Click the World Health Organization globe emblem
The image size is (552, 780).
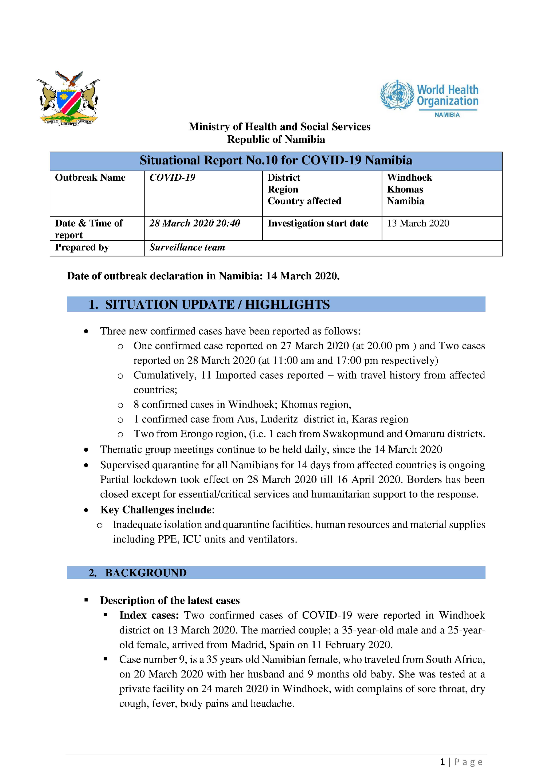[397, 95]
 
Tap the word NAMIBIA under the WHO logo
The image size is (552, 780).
[447, 115]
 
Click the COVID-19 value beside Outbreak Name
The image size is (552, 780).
[172, 178]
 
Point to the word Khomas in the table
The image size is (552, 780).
[405, 189]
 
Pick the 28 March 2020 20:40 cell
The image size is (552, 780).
[194, 223]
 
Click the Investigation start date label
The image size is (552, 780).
[318, 223]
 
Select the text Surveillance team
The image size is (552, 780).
[187, 247]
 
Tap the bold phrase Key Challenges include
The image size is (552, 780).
[156, 510]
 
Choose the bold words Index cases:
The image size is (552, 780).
[149, 615]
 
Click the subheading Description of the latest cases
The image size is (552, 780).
[170, 600]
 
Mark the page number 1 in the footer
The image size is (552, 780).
[442, 762]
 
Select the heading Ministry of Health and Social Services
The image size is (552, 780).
[279, 127]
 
